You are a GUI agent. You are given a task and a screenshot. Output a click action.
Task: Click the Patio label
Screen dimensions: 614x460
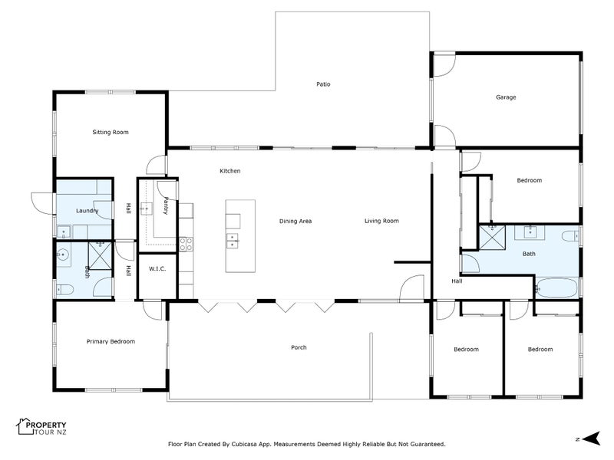coord(323,84)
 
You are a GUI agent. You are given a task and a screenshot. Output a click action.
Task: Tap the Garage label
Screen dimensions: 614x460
coord(506,97)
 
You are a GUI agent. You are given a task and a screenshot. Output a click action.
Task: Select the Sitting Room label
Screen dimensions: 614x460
coord(111,132)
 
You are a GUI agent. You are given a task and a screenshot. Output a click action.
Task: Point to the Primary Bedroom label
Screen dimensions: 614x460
coord(111,341)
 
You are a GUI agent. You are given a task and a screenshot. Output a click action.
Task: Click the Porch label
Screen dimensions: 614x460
coord(299,347)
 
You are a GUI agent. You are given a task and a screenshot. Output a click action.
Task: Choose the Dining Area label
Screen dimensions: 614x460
coord(295,221)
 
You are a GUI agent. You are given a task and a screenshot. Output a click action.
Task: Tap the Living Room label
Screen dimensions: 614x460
coord(381,221)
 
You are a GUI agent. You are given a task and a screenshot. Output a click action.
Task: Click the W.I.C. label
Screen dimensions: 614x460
coord(157,269)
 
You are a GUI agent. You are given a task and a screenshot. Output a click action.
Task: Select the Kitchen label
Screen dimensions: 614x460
coord(229,171)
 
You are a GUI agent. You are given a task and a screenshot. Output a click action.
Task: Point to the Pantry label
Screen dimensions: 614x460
coord(166,205)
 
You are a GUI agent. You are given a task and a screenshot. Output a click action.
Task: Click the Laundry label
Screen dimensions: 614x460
coord(87,211)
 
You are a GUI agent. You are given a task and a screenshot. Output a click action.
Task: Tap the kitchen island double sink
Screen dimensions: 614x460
coord(233,241)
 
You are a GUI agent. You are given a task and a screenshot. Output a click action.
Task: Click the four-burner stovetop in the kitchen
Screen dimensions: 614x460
coord(186,244)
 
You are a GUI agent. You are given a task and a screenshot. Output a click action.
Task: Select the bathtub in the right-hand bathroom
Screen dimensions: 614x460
coord(556,288)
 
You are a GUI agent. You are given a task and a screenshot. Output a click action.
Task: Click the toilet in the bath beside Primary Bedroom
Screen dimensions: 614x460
coord(65,290)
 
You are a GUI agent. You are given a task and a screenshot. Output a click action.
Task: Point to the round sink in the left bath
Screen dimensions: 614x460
coord(63,255)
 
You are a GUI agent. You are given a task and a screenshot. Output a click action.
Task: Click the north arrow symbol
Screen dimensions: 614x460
coord(591,439)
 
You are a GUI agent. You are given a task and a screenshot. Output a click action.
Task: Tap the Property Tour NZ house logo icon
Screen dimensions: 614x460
coord(25,426)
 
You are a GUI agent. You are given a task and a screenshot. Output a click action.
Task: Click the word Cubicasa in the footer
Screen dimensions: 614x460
coord(245,445)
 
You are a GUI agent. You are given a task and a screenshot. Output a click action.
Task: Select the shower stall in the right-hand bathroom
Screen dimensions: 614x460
coord(492,237)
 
